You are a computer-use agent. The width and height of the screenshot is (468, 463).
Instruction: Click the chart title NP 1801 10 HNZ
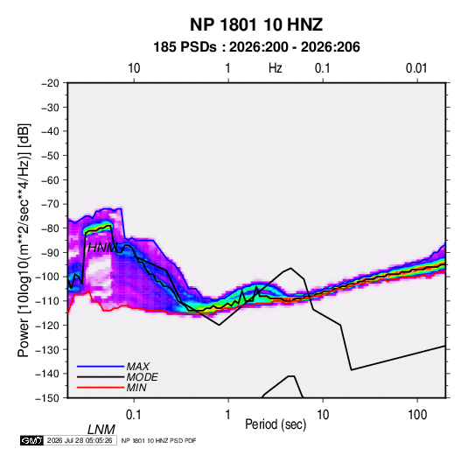tap(256, 25)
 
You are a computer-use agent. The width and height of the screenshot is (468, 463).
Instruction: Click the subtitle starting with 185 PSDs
tap(256, 47)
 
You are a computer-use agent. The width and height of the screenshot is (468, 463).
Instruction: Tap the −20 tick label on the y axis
tap(50, 83)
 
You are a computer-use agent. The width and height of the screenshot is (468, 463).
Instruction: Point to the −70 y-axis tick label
tap(50, 204)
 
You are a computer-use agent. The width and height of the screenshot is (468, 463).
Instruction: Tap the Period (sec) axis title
tap(276, 424)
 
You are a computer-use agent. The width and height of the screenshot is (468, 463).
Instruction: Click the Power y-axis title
tap(24, 241)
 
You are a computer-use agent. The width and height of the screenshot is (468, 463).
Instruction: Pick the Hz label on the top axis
tap(276, 68)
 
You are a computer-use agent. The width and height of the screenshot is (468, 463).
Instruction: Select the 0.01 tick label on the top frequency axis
tap(416, 68)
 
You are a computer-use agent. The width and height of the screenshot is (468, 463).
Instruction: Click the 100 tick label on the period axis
tap(417, 415)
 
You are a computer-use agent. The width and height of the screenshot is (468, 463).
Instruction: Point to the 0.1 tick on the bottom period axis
tap(134, 415)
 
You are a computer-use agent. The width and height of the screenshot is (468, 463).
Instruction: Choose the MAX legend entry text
tap(138, 367)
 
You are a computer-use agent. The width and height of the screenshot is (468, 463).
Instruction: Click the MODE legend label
tap(142, 377)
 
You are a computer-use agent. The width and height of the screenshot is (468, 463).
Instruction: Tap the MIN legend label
tap(136, 388)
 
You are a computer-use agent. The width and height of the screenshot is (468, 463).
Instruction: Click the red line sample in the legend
tap(101, 388)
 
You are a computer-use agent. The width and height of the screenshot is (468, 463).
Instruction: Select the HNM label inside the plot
tap(102, 248)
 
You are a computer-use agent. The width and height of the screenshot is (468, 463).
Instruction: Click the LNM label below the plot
tap(101, 430)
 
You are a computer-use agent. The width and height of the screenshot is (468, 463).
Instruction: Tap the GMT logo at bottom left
tap(31, 440)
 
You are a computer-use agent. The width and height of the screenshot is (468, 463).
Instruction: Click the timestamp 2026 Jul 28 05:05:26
tap(80, 440)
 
